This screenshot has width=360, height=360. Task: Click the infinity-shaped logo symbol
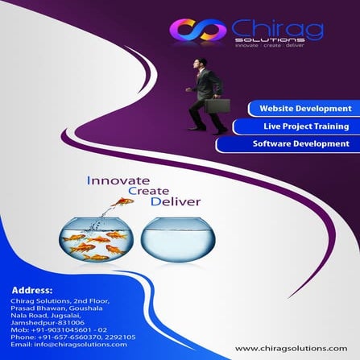pos(197,31)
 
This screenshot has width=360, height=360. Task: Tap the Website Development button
pos(304,108)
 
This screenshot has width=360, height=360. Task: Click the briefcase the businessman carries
pos(217,105)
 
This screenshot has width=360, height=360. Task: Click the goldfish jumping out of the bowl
pos(124,201)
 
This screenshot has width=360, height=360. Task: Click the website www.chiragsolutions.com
pos(291,348)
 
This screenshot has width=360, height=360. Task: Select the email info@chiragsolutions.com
pos(69,344)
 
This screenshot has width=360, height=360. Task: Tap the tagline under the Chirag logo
pos(269,45)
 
